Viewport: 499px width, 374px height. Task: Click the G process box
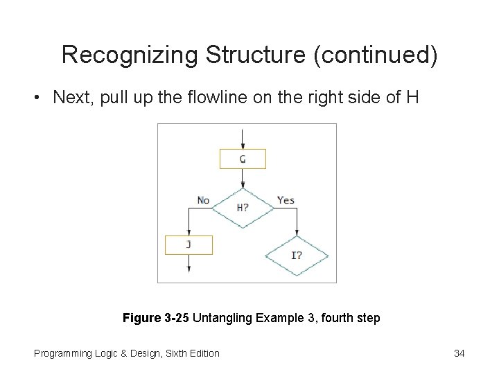click(243, 159)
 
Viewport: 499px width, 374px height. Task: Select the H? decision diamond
click(243, 207)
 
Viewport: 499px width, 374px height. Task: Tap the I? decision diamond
click(297, 255)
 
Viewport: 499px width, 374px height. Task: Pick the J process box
click(189, 244)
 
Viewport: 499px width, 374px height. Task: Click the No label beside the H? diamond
click(203, 200)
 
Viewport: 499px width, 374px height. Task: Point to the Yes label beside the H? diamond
click(286, 200)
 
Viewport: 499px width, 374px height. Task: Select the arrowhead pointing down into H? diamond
click(243, 184)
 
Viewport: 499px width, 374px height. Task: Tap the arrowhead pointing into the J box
click(189, 232)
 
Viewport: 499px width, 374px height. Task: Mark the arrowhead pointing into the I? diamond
click(297, 232)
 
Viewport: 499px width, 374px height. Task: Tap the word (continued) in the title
click(376, 55)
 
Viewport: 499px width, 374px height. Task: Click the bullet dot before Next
click(35, 98)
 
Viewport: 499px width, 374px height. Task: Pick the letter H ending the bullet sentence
click(412, 97)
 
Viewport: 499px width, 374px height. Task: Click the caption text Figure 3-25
click(156, 318)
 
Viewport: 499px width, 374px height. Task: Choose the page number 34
click(459, 353)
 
